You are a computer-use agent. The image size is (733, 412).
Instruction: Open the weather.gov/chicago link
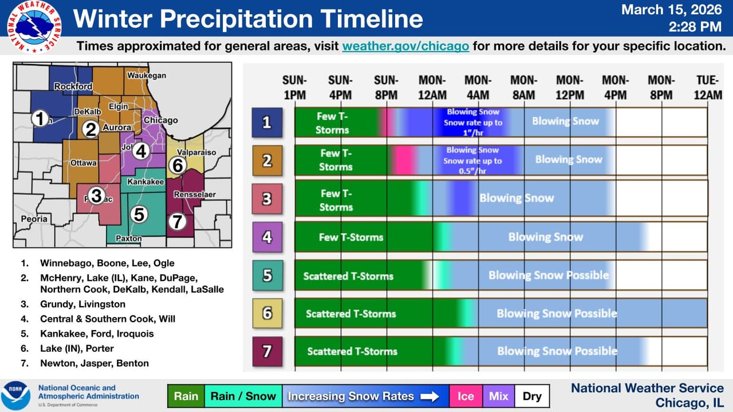tap(405, 46)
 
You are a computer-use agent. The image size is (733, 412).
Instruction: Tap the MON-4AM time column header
tap(478, 87)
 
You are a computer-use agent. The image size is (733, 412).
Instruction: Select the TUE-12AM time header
tap(707, 87)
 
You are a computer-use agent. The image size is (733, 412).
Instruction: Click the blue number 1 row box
tap(267, 122)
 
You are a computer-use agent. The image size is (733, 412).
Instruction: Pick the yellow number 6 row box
tap(267, 313)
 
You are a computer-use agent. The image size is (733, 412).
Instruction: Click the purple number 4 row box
tap(267, 236)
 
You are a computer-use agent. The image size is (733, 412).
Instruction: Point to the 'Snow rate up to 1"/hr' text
tap(473, 127)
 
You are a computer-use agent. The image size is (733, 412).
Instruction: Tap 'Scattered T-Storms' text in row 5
tap(348, 276)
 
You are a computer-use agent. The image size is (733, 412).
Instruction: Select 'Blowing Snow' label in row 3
tap(517, 198)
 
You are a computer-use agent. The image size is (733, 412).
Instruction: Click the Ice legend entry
tap(466, 396)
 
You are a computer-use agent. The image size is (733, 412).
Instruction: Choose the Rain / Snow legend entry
tap(243, 396)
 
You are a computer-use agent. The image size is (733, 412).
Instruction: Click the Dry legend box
tap(532, 396)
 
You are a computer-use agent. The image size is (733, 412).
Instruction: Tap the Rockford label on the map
tap(73, 86)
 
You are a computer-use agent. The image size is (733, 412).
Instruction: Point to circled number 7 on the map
tap(178, 221)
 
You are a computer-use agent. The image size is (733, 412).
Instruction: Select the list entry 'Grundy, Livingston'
tap(82, 304)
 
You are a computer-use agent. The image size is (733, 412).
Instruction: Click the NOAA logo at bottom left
tap(16, 395)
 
